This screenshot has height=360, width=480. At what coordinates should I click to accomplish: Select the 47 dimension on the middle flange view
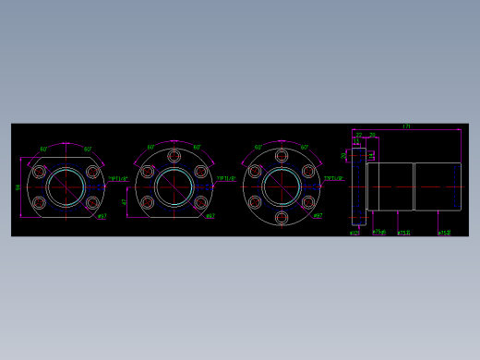coord(125,200)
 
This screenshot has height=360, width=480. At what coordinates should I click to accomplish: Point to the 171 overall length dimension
coord(406,126)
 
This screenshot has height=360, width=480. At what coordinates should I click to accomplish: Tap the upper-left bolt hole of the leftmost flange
coord(39,172)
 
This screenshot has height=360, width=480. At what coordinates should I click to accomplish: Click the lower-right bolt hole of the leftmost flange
coord(92,202)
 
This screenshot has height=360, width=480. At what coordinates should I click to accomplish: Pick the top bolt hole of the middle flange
coord(174,156)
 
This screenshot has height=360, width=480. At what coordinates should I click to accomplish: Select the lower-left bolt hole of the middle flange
coord(147,202)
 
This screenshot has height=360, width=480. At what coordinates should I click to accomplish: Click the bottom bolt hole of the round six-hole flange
coord(282,218)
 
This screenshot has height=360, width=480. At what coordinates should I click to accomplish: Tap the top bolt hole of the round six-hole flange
coord(282,156)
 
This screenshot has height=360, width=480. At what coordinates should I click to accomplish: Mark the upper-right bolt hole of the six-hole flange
coord(308,172)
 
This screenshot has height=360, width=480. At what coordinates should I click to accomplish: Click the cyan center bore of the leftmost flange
coord(66,187)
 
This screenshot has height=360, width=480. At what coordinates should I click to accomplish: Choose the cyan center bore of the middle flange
coord(174,187)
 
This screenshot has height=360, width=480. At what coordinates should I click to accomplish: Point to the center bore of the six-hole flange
coord(282,187)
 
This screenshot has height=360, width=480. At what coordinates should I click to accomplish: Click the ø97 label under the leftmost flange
coord(102,217)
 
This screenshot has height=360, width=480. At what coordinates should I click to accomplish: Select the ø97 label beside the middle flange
coord(210,217)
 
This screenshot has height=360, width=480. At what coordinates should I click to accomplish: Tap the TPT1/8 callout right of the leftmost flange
coord(119,179)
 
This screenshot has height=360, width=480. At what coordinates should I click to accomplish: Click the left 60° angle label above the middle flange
coord(151,147)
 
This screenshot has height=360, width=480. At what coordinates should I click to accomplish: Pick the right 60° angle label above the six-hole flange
coord(305,147)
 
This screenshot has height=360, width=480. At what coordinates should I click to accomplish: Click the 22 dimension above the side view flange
coord(358,135)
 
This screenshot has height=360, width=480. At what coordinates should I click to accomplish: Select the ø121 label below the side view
coord(354,234)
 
